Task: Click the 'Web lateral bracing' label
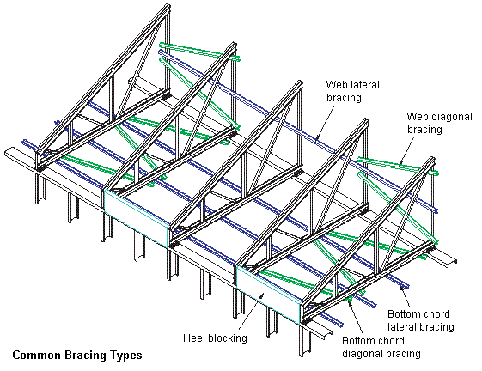coord(352,92)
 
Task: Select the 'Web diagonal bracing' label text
coord(436,123)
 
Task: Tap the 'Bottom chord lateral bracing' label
coord(419,320)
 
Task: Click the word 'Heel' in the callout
coord(195,338)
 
